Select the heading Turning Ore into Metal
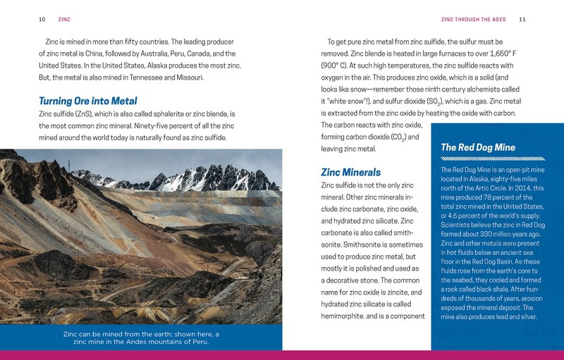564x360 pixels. tap(88, 101)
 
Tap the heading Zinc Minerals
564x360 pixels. tap(350, 172)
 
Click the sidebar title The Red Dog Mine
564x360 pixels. tap(478, 147)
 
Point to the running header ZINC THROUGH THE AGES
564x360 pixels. tap(475, 18)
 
